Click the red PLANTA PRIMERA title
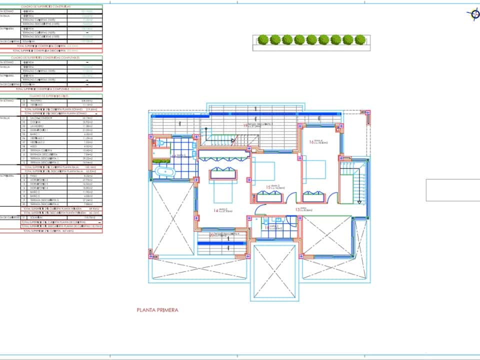point(157,310)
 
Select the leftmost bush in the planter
point(262,39)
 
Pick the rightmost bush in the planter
point(360,39)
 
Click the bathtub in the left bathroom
point(165,172)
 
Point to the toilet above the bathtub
point(159,144)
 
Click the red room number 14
point(216,210)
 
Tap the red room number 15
point(268,187)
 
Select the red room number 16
point(311,142)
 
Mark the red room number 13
point(298,210)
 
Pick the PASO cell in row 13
point(40,176)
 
